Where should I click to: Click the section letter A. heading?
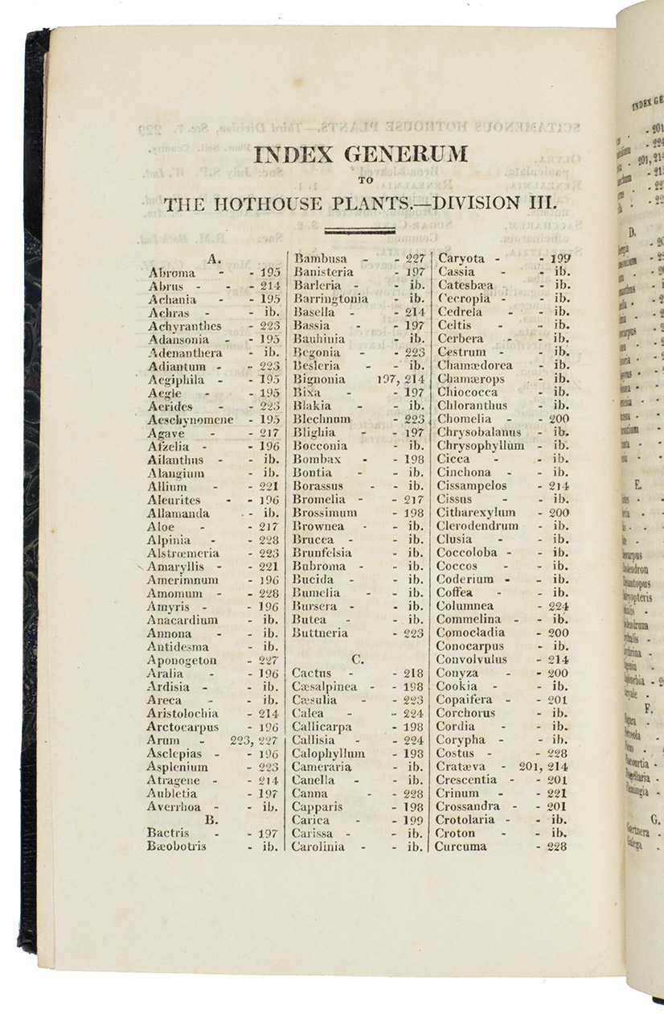click(x=213, y=259)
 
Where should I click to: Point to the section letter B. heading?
click(x=213, y=820)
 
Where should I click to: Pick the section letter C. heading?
click(x=358, y=659)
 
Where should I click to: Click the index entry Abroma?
click(x=171, y=273)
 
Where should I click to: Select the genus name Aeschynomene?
click(x=191, y=419)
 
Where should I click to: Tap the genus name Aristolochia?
click(x=183, y=713)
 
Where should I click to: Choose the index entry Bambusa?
click(x=320, y=259)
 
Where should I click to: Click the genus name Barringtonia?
click(x=330, y=299)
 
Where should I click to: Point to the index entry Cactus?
click(x=311, y=673)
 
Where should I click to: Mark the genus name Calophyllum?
click(x=328, y=753)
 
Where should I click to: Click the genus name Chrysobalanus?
click(x=479, y=432)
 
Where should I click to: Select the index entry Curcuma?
click(x=461, y=847)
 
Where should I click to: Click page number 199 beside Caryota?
click(x=560, y=259)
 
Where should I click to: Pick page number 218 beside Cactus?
click(x=414, y=673)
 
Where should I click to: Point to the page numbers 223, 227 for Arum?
click(x=254, y=740)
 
